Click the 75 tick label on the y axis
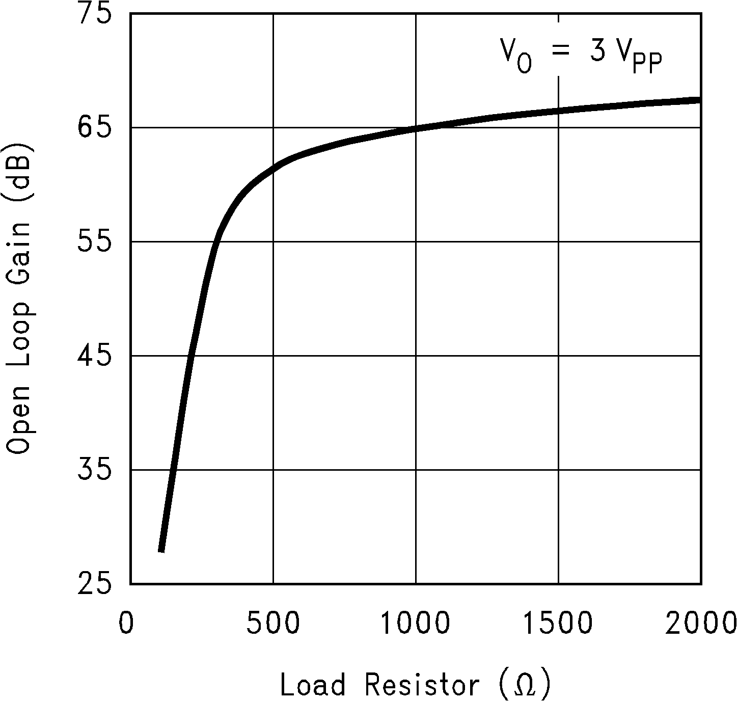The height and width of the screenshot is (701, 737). coord(94,14)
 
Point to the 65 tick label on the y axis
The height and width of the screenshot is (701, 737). coord(94,127)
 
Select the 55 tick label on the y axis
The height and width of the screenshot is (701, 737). coord(94,241)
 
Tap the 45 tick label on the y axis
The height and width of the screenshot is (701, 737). coord(94,356)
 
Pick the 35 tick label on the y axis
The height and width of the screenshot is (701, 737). coord(94,470)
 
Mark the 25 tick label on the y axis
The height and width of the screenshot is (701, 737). coord(94,584)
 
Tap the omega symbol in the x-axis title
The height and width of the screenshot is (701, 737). coord(525,686)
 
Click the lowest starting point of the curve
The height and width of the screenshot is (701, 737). coord(161,550)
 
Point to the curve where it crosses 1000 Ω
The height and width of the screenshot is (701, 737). coord(416,128)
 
